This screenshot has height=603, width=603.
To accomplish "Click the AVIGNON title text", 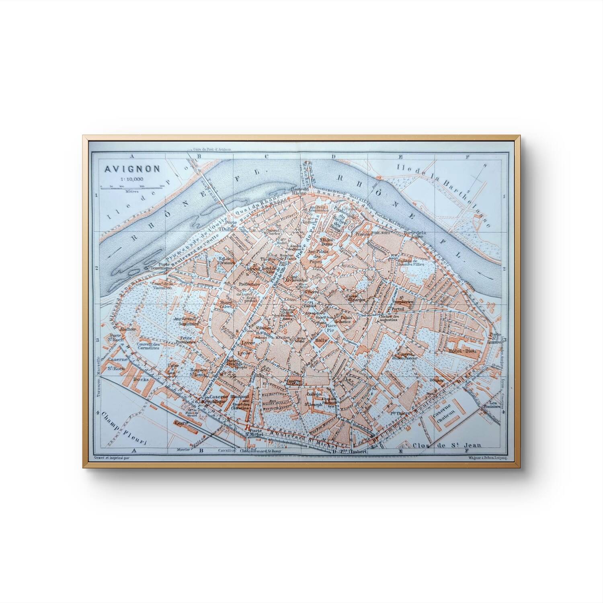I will click(127, 169).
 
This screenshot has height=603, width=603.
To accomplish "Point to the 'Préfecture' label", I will click(250, 284).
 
